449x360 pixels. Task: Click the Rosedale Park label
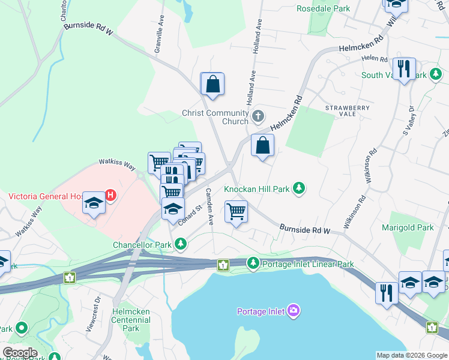point(323,9)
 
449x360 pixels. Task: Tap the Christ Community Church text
point(215,117)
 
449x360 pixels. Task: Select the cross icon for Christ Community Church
point(258,116)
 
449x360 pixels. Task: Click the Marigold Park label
point(408,227)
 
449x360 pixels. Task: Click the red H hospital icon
point(110,195)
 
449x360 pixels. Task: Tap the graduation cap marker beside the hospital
point(94,203)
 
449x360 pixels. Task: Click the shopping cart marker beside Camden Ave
point(236,211)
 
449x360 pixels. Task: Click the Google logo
point(19,353)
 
